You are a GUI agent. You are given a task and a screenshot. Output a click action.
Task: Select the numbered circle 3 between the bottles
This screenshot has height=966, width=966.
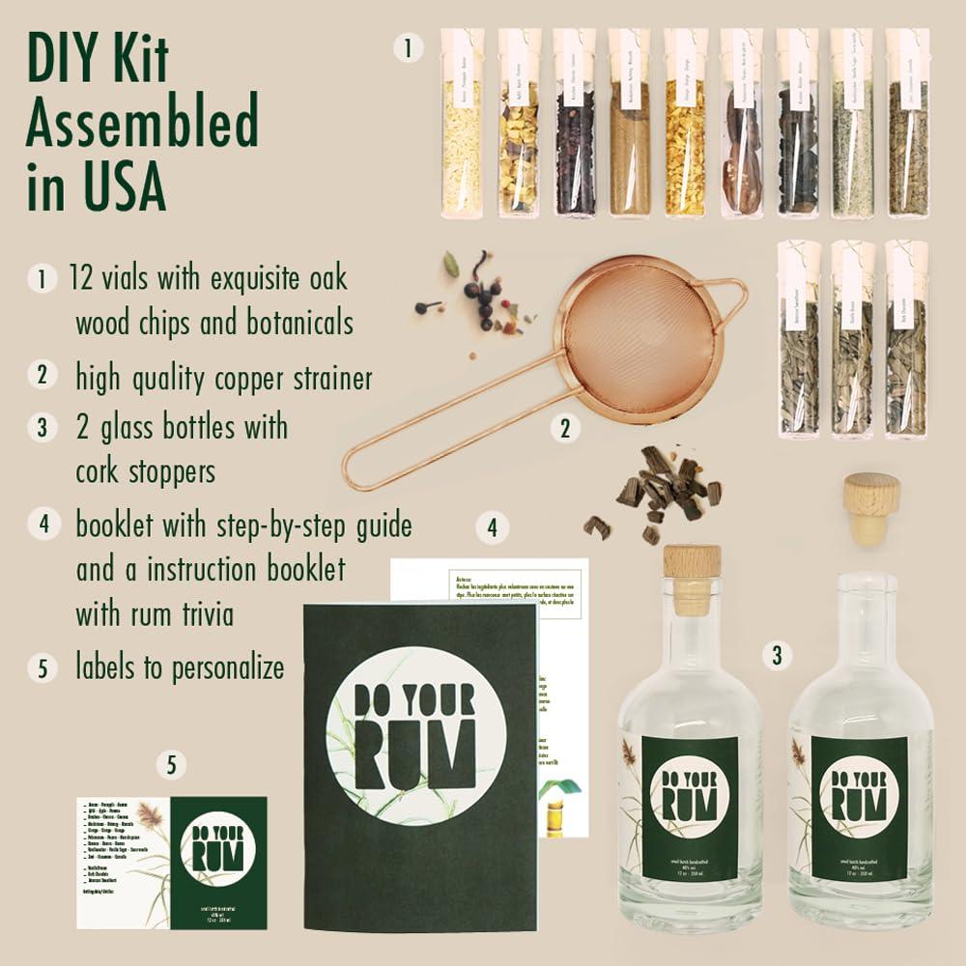[775, 656]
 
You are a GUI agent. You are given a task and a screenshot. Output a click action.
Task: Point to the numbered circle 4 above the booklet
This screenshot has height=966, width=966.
[492, 527]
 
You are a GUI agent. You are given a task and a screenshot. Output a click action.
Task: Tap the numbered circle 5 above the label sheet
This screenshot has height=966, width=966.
[171, 766]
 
